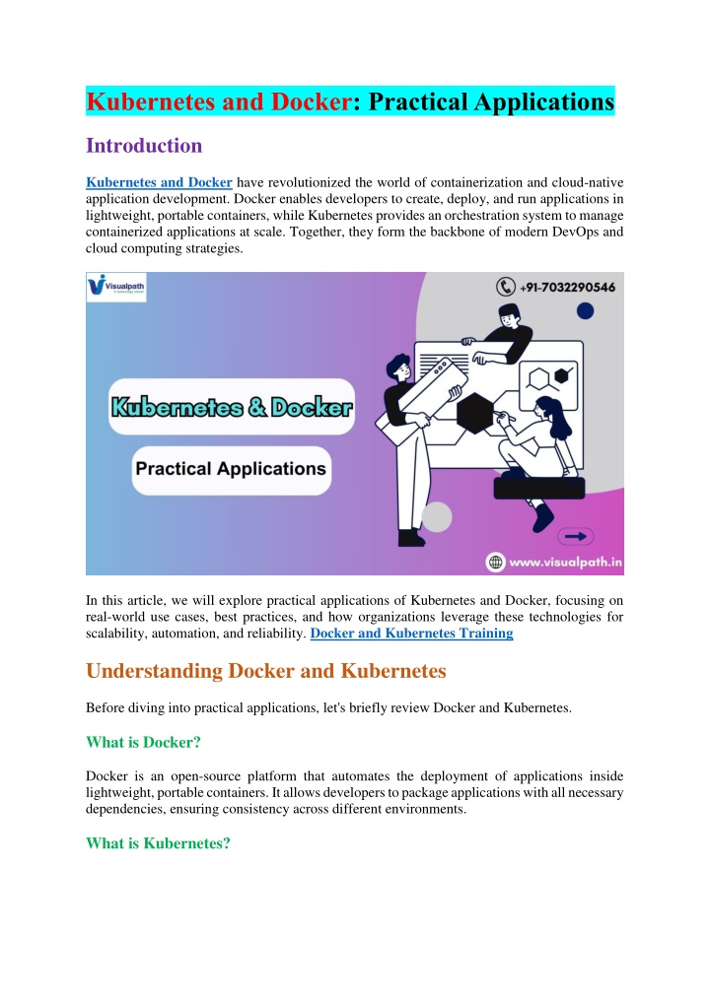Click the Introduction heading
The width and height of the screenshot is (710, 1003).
[144, 146]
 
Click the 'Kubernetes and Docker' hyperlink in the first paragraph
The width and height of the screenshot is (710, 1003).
[159, 182]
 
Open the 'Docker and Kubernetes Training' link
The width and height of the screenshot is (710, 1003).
[411, 634]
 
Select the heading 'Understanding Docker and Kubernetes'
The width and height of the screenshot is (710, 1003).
[266, 671]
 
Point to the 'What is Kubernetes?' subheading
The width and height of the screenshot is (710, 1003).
[158, 842]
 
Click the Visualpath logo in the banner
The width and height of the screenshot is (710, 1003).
[116, 288]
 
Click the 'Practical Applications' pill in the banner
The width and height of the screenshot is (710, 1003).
[231, 469]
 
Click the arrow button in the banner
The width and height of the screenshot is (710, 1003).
[575, 536]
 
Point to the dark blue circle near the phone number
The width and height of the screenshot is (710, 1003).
[585, 311]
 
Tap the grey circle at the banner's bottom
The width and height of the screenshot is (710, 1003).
[437, 516]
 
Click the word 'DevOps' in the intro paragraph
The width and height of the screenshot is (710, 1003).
[559, 234]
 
